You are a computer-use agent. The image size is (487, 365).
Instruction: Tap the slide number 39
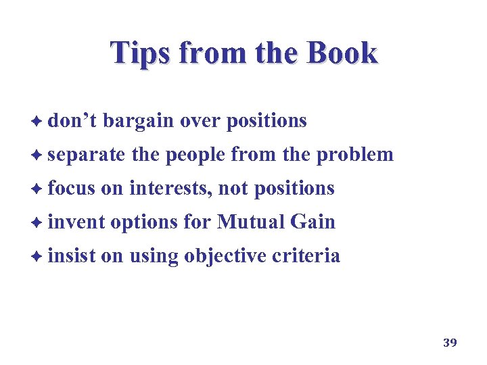450,343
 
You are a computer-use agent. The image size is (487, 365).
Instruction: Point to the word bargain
138,122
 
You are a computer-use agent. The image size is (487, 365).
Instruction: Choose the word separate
87,155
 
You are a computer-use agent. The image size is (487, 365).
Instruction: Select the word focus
72,188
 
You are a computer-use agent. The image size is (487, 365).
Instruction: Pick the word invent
76,222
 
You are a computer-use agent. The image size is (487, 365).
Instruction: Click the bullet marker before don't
41,121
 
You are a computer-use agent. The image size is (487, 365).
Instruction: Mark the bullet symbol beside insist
41,256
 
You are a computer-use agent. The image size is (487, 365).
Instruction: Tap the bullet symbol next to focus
41,189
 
